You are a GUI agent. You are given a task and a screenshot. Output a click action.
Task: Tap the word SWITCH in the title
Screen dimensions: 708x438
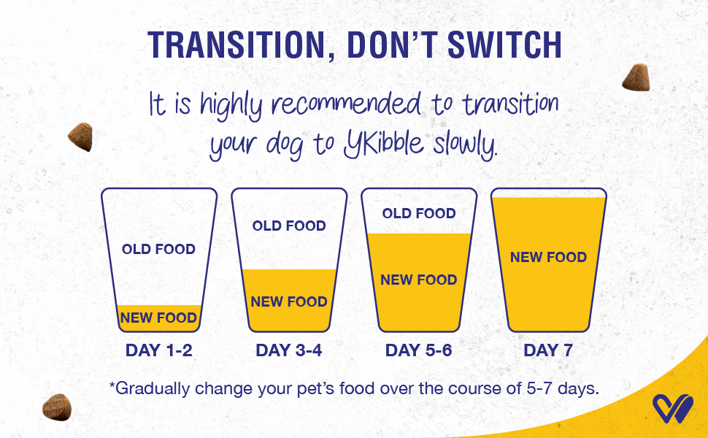click(504, 45)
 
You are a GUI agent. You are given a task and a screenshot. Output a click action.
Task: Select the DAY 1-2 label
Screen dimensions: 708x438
click(159, 350)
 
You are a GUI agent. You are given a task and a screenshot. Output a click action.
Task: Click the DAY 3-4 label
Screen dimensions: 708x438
click(289, 350)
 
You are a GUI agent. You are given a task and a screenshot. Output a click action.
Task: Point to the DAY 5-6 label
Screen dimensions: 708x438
click(418, 350)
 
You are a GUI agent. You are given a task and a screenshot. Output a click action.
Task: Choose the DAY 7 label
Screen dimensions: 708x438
click(548, 350)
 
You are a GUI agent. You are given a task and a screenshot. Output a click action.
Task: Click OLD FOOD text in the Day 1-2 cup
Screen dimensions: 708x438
click(158, 249)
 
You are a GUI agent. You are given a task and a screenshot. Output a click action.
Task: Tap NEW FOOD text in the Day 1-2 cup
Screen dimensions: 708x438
click(158, 318)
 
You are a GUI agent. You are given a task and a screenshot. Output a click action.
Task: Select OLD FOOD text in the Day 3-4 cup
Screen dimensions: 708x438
click(289, 226)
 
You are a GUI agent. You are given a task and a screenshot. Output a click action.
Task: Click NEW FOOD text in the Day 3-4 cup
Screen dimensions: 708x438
click(289, 301)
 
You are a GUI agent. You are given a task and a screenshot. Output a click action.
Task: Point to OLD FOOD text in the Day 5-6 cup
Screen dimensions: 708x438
click(419, 213)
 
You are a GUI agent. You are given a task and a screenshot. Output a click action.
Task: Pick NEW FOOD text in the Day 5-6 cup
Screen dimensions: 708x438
click(418, 280)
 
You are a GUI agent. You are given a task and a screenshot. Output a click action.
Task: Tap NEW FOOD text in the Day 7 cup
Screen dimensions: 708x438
click(549, 258)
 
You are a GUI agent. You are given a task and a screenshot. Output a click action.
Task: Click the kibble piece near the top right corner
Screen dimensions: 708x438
click(636, 77)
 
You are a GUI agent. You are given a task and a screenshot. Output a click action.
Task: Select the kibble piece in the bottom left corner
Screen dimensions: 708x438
click(57, 407)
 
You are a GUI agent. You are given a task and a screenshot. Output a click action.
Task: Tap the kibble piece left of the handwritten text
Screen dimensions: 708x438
click(81, 137)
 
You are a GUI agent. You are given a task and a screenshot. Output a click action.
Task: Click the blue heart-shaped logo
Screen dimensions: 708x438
click(672, 409)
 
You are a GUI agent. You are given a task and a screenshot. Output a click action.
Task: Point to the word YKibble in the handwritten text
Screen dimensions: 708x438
click(384, 144)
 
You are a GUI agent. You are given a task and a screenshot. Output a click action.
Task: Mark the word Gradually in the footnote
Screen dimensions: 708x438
click(152, 389)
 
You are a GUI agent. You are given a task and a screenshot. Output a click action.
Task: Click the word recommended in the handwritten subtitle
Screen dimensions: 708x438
click(346, 105)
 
